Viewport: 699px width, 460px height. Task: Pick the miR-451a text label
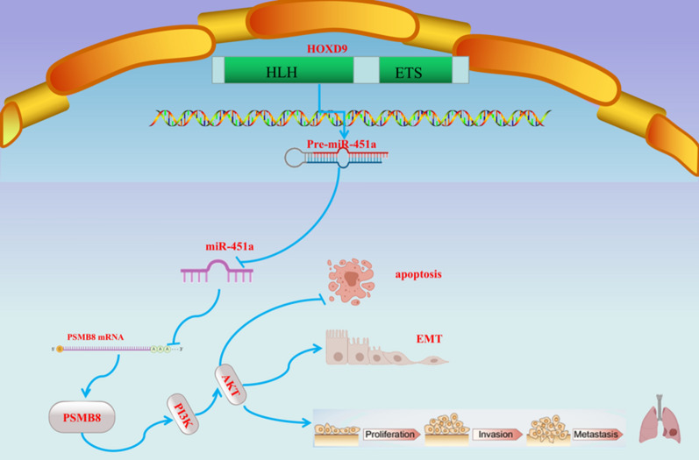point(229,247)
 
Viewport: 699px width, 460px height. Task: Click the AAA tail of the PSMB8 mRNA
point(163,349)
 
